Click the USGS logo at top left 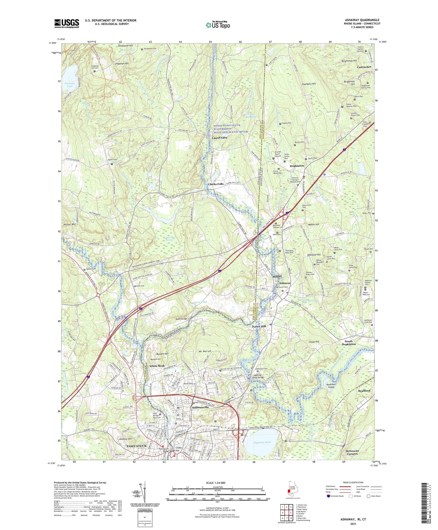tap(66, 23)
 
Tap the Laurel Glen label tap(220, 138)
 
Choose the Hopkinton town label tap(297, 166)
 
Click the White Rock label tap(157, 366)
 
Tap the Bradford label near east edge tap(364, 391)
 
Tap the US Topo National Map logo tap(218, 25)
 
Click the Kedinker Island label tap(331, 385)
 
